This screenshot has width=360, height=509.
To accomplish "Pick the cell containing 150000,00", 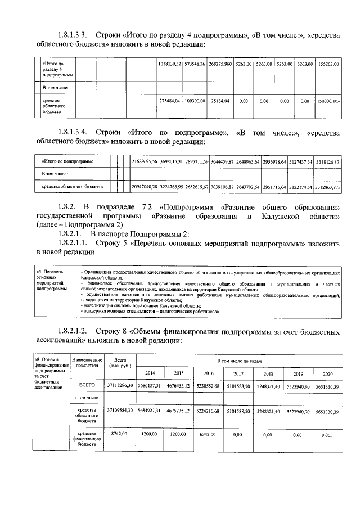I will (x=328, y=101).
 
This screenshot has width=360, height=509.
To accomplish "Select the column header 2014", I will (x=150, y=373).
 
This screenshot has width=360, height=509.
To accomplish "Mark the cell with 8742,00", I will (x=119, y=435).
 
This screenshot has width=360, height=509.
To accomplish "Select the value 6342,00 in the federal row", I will (x=209, y=435).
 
